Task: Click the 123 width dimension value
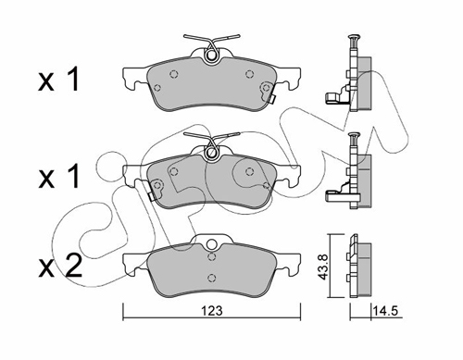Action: coord(212,311)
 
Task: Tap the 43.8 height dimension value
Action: coord(323,267)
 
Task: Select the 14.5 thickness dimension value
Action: coord(385,311)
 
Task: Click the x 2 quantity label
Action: coord(60,266)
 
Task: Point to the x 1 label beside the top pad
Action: coord(58,80)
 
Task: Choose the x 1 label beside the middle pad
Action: coord(58,177)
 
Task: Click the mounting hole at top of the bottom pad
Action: coord(211,244)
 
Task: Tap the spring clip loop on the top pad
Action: coord(212,55)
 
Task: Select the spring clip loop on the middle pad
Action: coord(212,152)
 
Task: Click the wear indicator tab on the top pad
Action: coord(271,99)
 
